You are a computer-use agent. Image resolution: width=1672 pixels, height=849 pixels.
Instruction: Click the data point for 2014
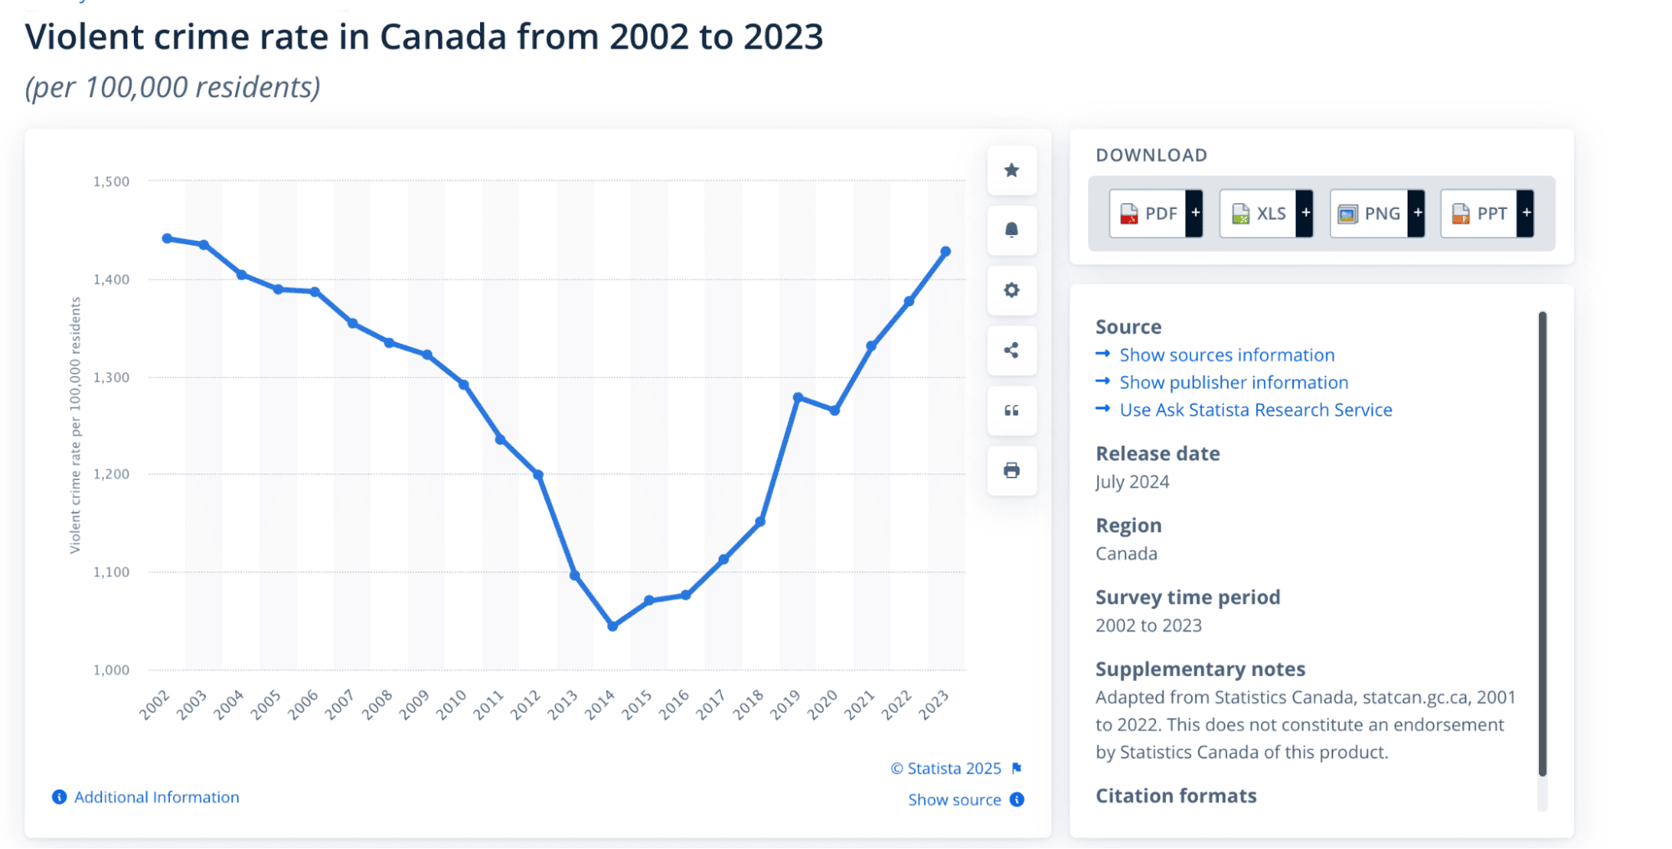click(x=612, y=626)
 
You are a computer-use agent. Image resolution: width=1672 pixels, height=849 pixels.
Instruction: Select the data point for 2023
click(x=946, y=251)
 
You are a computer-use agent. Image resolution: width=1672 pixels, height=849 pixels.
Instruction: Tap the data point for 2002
click(x=167, y=238)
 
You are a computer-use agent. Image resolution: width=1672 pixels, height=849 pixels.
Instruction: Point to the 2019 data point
click(x=798, y=397)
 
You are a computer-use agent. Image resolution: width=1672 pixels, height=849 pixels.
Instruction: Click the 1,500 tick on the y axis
click(x=111, y=182)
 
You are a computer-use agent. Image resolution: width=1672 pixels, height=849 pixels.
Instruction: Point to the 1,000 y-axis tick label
click(x=111, y=670)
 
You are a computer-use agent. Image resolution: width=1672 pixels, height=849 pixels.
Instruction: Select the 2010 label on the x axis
click(x=452, y=705)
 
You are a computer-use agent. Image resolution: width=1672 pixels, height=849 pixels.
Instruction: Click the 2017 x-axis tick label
click(x=711, y=705)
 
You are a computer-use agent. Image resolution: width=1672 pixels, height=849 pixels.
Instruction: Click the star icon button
click(x=1011, y=171)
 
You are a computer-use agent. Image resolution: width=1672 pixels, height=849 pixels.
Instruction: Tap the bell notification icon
click(x=1011, y=230)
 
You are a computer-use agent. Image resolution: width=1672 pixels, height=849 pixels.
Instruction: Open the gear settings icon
click(x=1011, y=290)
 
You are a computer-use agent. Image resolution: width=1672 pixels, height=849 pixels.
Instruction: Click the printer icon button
click(x=1011, y=470)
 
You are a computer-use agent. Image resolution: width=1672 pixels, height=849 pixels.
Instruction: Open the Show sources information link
click(x=1226, y=355)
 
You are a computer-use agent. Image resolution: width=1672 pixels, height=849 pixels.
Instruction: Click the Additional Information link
click(x=156, y=797)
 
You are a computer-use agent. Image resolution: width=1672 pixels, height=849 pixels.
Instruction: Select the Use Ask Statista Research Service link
click(x=1255, y=410)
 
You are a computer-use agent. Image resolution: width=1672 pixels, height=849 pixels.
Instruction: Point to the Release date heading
click(x=1158, y=453)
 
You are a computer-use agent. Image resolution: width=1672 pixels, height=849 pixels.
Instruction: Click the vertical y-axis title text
click(x=75, y=425)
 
